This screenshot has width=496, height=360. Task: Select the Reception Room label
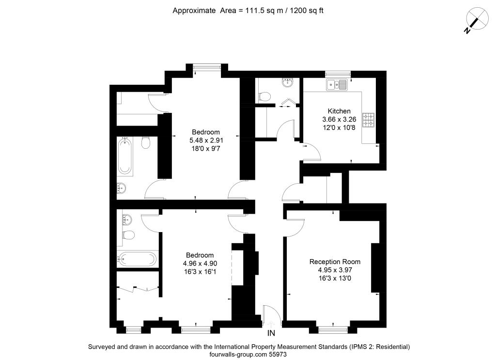pyautogui.click(x=335, y=262)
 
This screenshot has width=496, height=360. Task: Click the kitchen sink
pyautogui.click(x=337, y=85)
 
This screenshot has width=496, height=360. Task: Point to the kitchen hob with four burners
pyautogui.click(x=369, y=120)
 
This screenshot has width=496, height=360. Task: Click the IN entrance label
pyautogui.click(x=271, y=333)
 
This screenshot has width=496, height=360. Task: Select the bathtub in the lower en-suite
pyautogui.click(x=138, y=259)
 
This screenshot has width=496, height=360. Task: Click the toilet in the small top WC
pyautogui.click(x=265, y=96)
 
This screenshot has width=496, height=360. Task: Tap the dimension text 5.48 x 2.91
pyautogui.click(x=206, y=141)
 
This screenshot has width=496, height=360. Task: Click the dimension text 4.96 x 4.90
pyautogui.click(x=200, y=264)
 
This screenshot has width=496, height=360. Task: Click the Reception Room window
pyautogui.click(x=333, y=330)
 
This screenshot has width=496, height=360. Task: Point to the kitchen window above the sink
pyautogui.click(x=338, y=74)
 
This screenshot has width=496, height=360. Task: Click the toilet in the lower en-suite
pyautogui.click(x=128, y=235)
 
